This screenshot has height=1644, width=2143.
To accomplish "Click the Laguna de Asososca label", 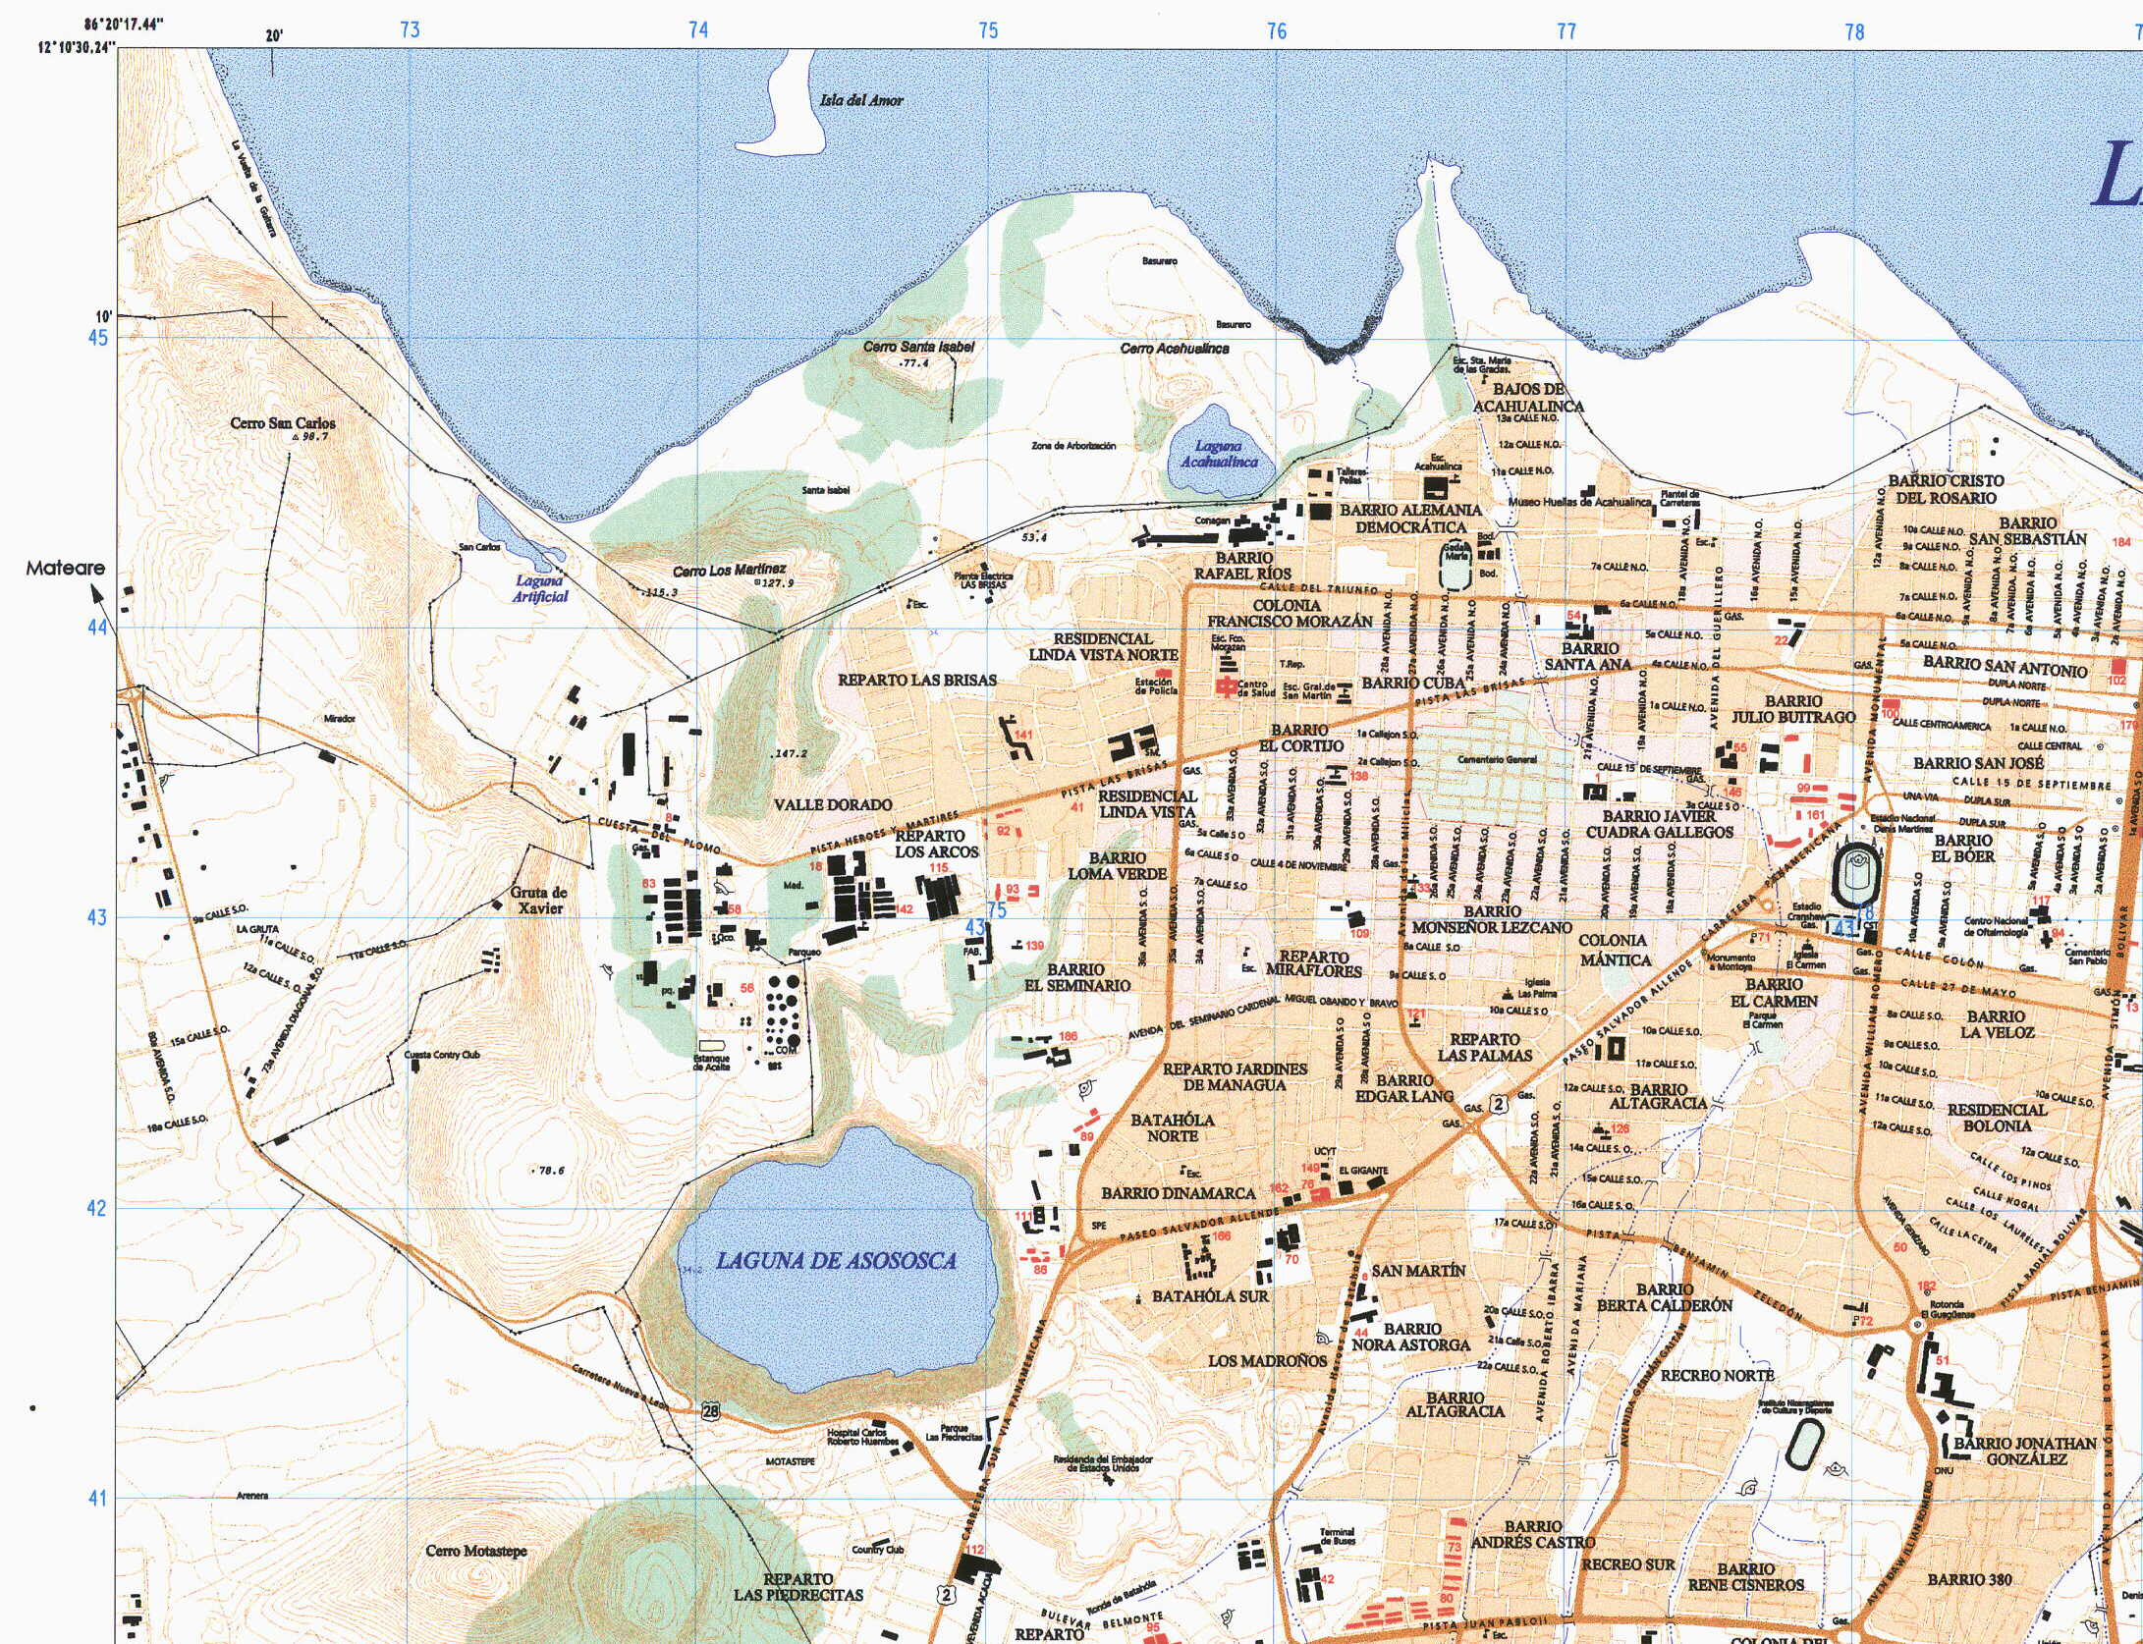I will [836, 1260].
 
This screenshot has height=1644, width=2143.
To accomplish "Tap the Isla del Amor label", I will [861, 100].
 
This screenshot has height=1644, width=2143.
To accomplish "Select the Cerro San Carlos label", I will [283, 423].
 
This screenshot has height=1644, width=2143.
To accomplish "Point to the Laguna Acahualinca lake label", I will [1219, 454].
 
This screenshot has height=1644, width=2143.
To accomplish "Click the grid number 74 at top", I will [698, 30].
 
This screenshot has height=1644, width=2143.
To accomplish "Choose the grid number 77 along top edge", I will [1566, 31].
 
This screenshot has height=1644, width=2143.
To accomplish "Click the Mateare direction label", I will [65, 568].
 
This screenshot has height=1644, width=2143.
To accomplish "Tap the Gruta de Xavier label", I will [538, 901].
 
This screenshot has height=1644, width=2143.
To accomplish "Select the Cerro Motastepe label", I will [476, 1551].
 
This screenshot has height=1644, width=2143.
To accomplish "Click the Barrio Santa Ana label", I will [1588, 656].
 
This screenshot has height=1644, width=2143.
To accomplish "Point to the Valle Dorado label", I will [833, 804].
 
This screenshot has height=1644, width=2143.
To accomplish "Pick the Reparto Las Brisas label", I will [916, 680].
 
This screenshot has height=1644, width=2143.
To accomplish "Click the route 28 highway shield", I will [711, 1411].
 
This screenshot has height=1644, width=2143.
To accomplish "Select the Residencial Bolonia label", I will [1997, 1118].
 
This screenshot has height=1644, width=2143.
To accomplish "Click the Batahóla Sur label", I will [1210, 1296].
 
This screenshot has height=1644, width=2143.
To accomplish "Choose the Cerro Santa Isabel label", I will [918, 347].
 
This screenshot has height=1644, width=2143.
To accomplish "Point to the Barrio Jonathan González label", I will [2024, 1452].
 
